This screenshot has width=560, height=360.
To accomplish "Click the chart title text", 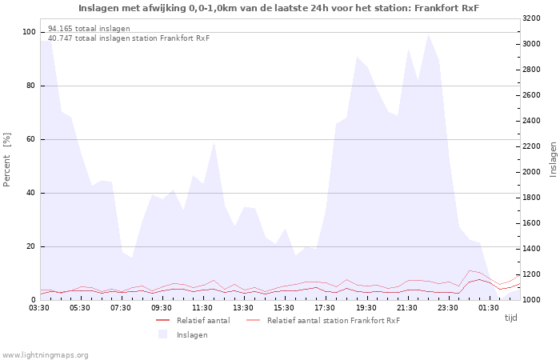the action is [278, 8].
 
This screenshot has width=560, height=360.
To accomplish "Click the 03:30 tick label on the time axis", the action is [39, 308].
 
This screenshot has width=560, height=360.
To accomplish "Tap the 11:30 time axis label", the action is [202, 308].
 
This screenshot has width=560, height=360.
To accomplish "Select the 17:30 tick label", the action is [325, 308].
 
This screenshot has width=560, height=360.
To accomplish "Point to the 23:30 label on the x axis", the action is [448, 308].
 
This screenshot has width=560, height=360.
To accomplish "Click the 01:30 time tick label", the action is [489, 308].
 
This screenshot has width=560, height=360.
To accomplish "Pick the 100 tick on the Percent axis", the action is [30, 32].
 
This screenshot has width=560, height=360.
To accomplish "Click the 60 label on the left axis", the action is [31, 139].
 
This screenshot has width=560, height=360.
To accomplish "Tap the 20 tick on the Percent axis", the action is [31, 246].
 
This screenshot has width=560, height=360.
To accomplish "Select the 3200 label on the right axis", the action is [531, 18].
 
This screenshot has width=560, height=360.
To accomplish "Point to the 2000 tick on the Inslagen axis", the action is [531, 172].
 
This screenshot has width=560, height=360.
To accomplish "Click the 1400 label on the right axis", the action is [531, 249].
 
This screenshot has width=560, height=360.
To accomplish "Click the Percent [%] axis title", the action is [6, 160].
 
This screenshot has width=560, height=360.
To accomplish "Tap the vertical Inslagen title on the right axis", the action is [553, 159].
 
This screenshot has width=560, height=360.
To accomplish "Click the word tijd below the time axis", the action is [510, 318].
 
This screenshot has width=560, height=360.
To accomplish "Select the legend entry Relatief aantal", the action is [194, 320].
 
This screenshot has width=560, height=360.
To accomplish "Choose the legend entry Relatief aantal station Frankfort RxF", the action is [323, 320].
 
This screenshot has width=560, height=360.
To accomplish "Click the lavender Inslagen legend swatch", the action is [163, 334].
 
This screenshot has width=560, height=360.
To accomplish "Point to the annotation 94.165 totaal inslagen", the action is [89, 29].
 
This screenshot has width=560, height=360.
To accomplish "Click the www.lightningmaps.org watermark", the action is [45, 355].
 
